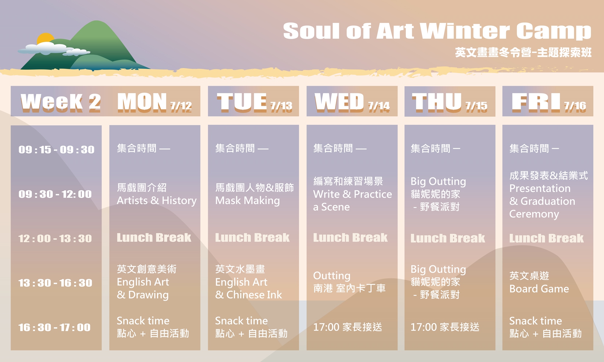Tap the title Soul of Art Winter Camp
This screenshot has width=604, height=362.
(x=437, y=31)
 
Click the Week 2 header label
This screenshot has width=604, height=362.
(x=61, y=102)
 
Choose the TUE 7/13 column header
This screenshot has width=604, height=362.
(x=255, y=102)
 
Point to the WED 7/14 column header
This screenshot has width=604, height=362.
(x=352, y=102)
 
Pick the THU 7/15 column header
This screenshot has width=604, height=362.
(x=450, y=102)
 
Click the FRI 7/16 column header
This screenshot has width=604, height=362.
(x=549, y=102)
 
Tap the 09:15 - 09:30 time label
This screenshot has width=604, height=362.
(x=56, y=150)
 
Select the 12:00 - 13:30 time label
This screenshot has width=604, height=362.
(x=55, y=239)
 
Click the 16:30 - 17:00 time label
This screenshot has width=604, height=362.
(x=55, y=327)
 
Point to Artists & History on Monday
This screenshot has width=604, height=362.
(x=157, y=200)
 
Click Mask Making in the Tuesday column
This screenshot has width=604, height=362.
(x=248, y=200)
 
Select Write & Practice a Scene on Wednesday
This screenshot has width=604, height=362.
(x=352, y=200)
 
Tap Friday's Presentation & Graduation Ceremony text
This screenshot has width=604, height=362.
(x=542, y=201)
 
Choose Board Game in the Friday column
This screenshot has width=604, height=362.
(x=539, y=289)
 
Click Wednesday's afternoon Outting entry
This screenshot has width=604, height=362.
(x=332, y=276)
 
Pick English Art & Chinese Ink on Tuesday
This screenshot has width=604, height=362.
(x=249, y=288)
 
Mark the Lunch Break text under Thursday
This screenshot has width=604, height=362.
(x=448, y=238)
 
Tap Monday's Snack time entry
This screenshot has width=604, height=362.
(x=143, y=321)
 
